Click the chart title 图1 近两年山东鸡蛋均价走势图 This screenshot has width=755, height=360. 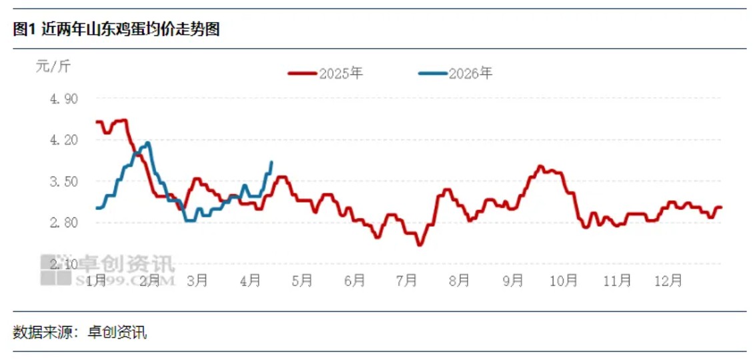tap(116, 29)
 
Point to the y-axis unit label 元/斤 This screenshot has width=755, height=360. tap(52, 66)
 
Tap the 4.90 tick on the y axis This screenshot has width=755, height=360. tap(64, 99)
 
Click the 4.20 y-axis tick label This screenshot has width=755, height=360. tap(64, 140)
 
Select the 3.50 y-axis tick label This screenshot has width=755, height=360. tap(64, 181)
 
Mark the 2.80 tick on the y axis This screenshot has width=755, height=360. tap(64, 223)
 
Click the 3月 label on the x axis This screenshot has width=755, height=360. tap(197, 281)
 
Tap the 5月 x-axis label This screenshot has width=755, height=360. tap(302, 281)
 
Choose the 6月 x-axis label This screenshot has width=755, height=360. tap(355, 281)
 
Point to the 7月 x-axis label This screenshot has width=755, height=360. tap(407, 281)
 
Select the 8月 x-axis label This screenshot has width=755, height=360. tap(460, 281)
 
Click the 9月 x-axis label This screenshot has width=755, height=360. tap(512, 281)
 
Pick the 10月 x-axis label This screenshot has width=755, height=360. tap(564, 281)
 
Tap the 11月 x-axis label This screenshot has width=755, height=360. tap(617, 281)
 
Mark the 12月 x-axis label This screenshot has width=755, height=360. tap(669, 281)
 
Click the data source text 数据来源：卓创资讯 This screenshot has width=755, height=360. tap(79, 332)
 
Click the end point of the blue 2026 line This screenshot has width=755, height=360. tap(271, 162)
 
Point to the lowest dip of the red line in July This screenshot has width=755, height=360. tap(420, 245)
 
